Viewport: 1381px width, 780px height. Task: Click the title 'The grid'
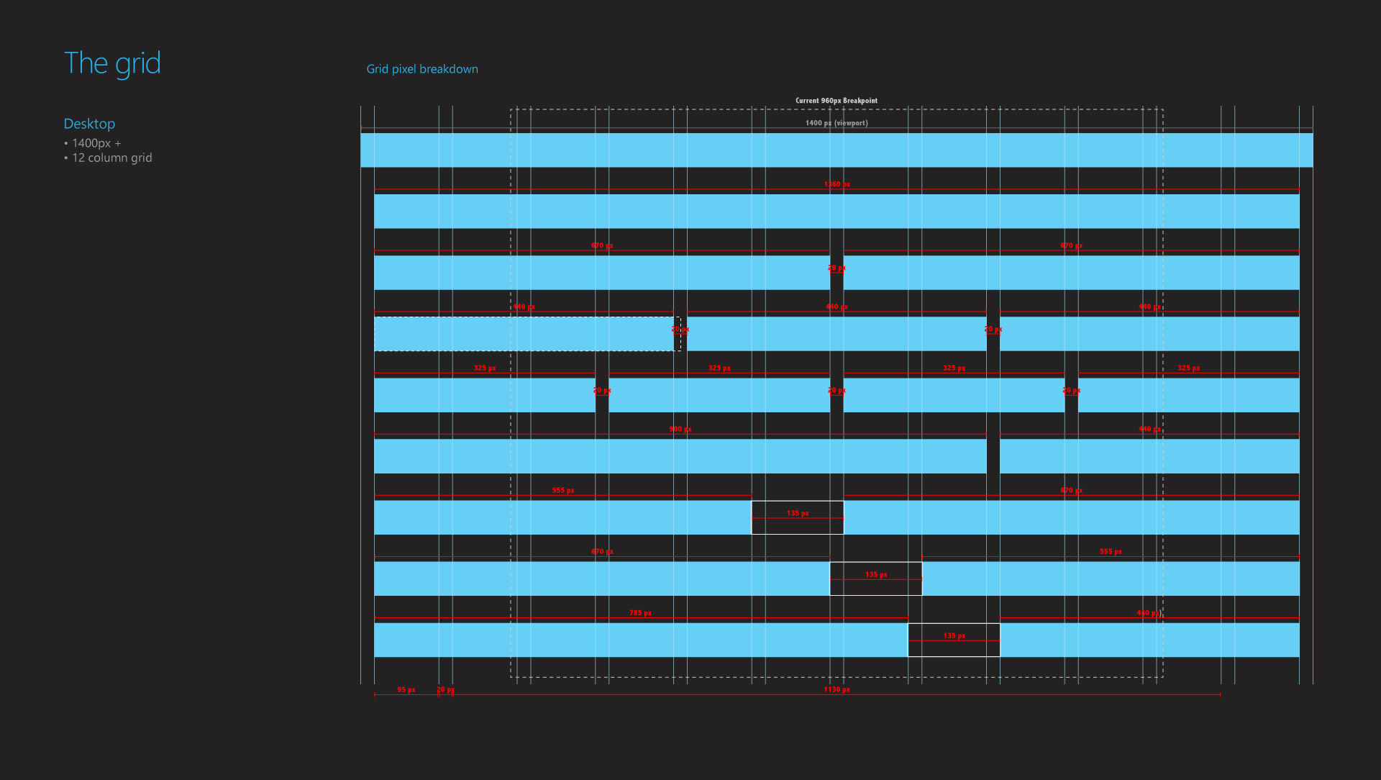coord(112,63)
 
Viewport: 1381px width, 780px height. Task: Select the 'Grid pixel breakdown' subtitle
coord(422,69)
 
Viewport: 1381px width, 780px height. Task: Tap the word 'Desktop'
coord(89,124)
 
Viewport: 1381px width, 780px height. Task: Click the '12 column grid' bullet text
coord(111,158)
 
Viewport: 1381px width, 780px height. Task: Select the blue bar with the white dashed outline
coord(524,334)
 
